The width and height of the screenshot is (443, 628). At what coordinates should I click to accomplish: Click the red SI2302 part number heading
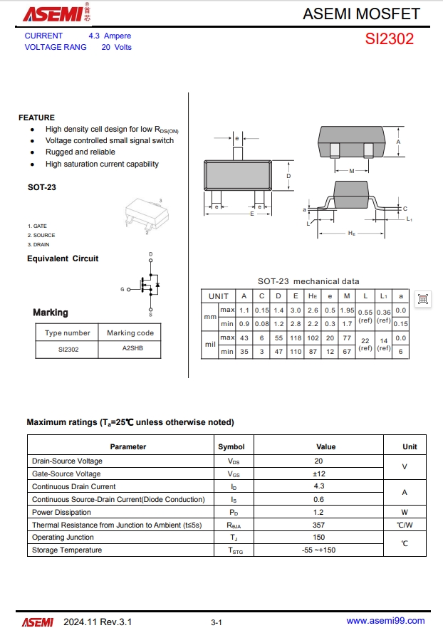pos(390,39)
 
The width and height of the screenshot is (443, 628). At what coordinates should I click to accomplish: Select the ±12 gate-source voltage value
pos(319,473)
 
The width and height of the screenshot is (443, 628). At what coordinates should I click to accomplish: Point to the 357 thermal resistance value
pos(319,525)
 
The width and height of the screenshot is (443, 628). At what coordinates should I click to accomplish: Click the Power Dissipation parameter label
pos(61,512)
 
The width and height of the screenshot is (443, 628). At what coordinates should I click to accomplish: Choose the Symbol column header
pos(231,447)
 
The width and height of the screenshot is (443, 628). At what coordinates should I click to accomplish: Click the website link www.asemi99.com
pos(385,621)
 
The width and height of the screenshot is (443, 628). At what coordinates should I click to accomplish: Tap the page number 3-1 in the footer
pos(217,622)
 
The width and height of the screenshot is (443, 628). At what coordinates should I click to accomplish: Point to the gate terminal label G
pos(122,290)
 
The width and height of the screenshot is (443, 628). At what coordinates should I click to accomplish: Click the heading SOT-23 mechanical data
pos(308,281)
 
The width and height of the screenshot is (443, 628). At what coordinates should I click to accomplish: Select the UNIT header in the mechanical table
pos(219,296)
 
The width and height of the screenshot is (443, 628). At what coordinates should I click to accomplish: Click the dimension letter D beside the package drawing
pos(288,176)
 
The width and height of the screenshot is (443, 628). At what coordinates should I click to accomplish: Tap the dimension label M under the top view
pos(352,171)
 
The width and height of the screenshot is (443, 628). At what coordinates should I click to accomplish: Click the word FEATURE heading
pos(36,117)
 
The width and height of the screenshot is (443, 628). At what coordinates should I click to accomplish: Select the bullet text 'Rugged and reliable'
pos(80,152)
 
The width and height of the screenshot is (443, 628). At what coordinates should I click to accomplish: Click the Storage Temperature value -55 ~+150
pos(319,550)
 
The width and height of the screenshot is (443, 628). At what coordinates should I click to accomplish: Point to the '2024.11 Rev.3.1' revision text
pos(98,622)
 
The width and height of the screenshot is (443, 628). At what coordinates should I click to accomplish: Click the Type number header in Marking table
pos(68,333)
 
